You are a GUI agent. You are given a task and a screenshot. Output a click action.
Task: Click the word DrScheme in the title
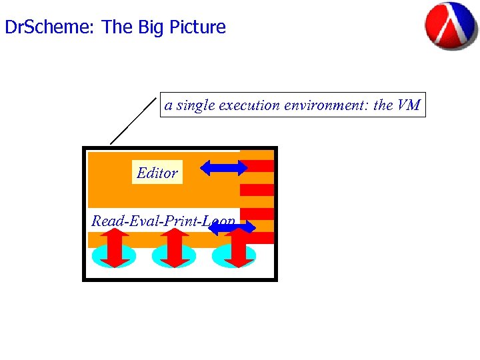pyautogui.click(x=50, y=27)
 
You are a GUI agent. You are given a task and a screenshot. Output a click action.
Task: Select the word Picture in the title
pyautogui.click(x=197, y=27)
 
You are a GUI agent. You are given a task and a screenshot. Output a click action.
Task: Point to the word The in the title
pyautogui.click(x=117, y=27)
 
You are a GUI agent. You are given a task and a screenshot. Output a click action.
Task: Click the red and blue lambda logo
pyautogui.click(x=451, y=26)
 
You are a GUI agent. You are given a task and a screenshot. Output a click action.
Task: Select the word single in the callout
pyautogui.click(x=194, y=105)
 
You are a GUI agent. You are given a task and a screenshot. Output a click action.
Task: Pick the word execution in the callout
pyautogui.click(x=249, y=105)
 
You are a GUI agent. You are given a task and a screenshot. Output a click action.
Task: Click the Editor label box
pyautogui.click(x=157, y=173)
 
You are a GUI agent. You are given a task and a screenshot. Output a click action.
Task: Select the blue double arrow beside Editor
pyautogui.click(x=224, y=167)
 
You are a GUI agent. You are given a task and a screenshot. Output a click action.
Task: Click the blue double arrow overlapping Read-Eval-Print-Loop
pyautogui.click(x=232, y=228)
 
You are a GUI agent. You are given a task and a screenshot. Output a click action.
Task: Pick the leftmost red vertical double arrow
pyautogui.click(x=115, y=247)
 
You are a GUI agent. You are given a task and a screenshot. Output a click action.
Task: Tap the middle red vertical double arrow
pyautogui.click(x=173, y=247)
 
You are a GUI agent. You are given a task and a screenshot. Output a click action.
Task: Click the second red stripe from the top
pyautogui.click(x=257, y=189)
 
